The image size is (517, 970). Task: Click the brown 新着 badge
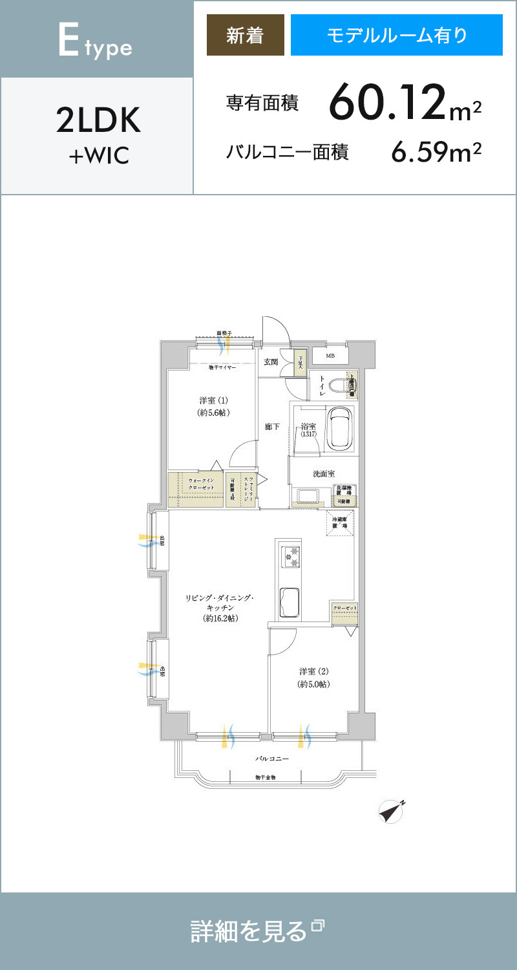pyautogui.click(x=245, y=35)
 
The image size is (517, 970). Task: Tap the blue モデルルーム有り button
pyautogui.click(x=396, y=35)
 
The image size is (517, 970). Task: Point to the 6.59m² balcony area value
pyautogui.click(x=436, y=153)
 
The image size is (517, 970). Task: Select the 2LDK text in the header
pyautogui.click(x=98, y=121)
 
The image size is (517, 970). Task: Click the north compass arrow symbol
pyautogui.click(x=391, y=812)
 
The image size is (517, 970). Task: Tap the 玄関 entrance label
pyautogui.click(x=271, y=362)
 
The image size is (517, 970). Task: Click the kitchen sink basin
pyautogui.click(x=289, y=601)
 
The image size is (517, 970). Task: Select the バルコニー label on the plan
pyautogui.click(x=271, y=759)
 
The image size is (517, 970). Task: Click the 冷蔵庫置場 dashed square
pyautogui.click(x=340, y=523)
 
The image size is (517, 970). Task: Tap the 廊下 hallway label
pyautogui.click(x=271, y=427)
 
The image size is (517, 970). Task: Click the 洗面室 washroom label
pyautogui.click(x=323, y=474)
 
